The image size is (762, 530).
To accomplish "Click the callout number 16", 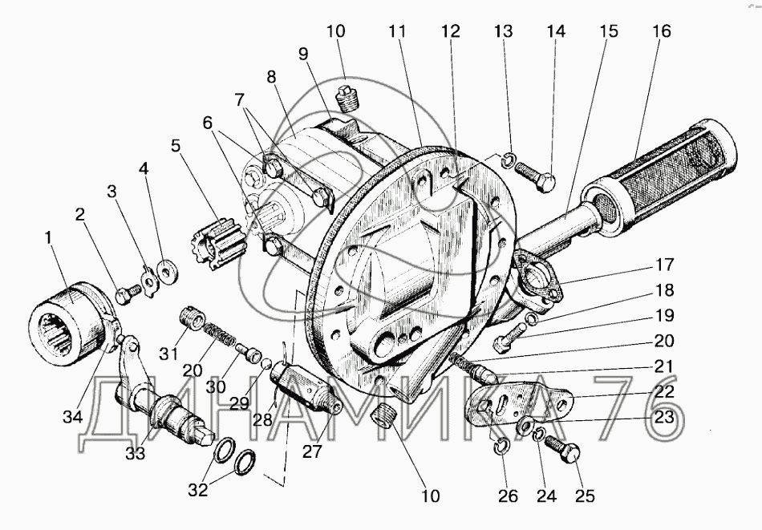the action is pos(662,31).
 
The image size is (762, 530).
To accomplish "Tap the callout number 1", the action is pos(48,237).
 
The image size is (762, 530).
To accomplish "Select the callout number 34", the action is pos(72,416).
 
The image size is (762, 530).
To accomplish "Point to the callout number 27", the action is pos(312,451).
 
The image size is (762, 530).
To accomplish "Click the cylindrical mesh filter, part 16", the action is pos(662,177).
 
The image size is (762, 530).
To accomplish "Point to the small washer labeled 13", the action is pos(506,160).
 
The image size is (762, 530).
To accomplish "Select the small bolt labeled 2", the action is pos(128,293).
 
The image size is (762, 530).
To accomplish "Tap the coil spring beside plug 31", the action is pos(219,334).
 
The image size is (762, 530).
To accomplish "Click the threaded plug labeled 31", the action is pos(192,318).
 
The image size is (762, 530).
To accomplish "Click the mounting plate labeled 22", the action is pos(517,406).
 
